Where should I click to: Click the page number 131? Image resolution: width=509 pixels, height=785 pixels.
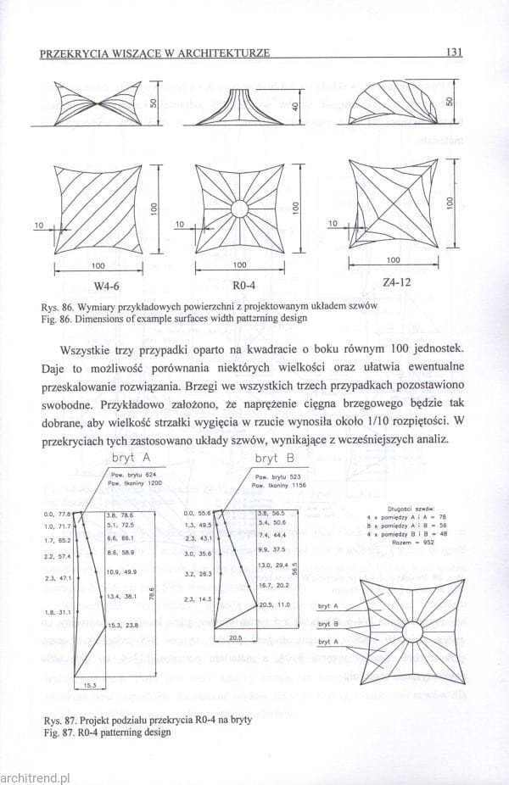coord(453,52)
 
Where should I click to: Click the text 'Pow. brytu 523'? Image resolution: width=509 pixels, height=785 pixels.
coord(279,477)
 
